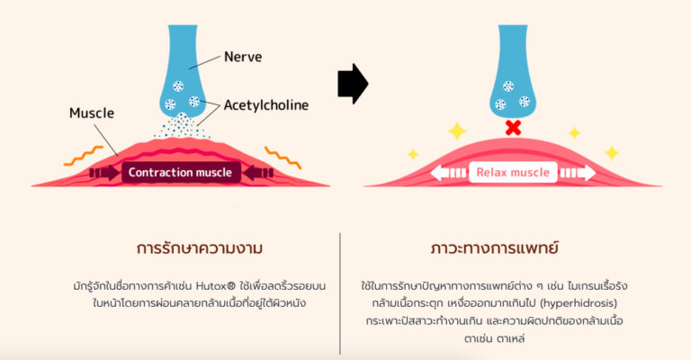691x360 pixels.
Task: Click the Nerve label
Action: [x=243, y=57]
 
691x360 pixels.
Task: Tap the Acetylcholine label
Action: [x=266, y=105]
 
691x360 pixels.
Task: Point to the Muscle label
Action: [x=92, y=113]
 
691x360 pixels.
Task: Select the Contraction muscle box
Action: [x=181, y=172]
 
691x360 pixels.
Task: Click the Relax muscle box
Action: [x=513, y=172]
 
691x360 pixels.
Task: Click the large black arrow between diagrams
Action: [x=353, y=84]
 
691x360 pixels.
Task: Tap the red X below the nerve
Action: [x=513, y=128]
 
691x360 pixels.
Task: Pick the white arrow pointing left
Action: [x=448, y=172]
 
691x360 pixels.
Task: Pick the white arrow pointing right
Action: [x=578, y=172]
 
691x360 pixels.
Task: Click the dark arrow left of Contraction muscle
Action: [x=104, y=172]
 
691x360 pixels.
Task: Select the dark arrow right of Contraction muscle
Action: [x=258, y=172]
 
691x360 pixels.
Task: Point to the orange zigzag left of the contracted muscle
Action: [x=84, y=156]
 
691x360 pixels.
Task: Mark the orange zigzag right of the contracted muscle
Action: [x=283, y=157]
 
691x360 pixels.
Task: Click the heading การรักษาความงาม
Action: [x=200, y=248]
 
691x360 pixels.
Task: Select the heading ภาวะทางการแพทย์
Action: [x=495, y=248]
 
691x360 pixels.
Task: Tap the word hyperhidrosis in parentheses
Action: [x=579, y=303]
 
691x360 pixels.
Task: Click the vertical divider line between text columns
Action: [x=340, y=293]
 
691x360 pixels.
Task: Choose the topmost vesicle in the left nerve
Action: [x=178, y=85]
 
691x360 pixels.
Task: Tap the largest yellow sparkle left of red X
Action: [x=457, y=131]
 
